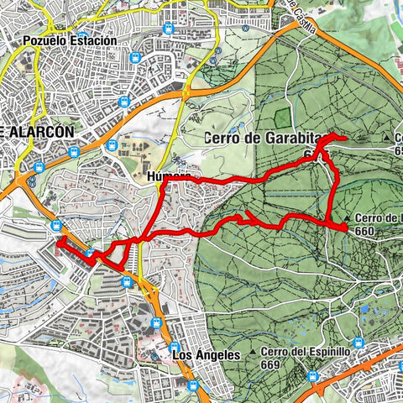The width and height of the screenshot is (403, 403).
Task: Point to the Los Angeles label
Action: coord(206,355)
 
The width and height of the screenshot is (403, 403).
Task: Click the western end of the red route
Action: coord(59,243)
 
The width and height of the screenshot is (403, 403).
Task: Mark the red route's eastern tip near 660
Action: coord(346,227)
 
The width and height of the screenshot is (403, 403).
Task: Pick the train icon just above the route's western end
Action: coord(56,224)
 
